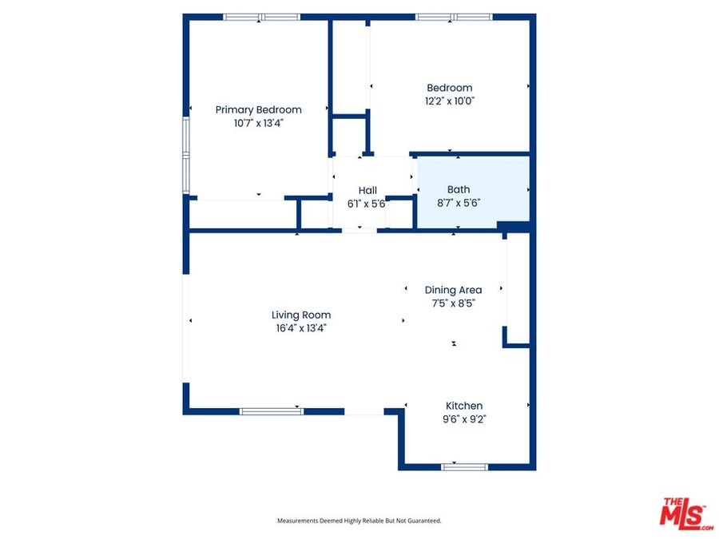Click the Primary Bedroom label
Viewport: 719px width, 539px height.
click(259, 110)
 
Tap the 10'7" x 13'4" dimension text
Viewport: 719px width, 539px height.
click(259, 123)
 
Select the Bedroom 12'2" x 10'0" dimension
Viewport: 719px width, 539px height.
click(449, 101)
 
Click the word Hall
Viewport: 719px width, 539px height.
click(367, 190)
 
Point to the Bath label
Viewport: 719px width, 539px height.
click(459, 189)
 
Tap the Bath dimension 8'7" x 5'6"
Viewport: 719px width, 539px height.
click(459, 203)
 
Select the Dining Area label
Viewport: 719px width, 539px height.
click(453, 290)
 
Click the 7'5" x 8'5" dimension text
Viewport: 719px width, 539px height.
click(453, 303)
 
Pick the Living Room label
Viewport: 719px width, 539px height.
click(301, 315)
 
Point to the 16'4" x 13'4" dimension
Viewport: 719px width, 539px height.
click(301, 328)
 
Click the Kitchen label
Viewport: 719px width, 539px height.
click(464, 406)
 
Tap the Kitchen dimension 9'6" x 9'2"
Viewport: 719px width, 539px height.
click(464, 419)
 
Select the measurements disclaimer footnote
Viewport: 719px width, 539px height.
click(359, 521)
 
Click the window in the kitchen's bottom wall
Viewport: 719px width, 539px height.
click(464, 467)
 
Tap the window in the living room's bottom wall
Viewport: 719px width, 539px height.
click(272, 411)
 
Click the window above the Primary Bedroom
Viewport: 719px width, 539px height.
click(261, 18)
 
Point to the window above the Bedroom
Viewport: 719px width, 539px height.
click(454, 18)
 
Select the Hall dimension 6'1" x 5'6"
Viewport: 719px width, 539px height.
click(366, 204)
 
